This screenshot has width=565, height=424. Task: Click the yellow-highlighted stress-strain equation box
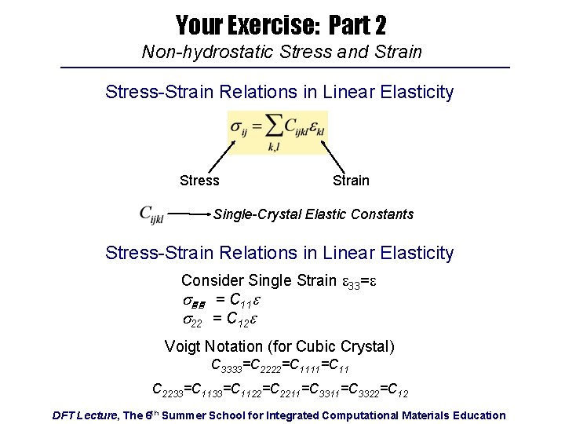(x=277, y=132)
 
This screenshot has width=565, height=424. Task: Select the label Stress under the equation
(x=199, y=181)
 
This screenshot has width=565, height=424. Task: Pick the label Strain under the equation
(x=350, y=181)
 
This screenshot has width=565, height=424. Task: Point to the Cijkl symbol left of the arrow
(x=151, y=214)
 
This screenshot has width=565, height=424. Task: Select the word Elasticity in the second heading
(x=416, y=253)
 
